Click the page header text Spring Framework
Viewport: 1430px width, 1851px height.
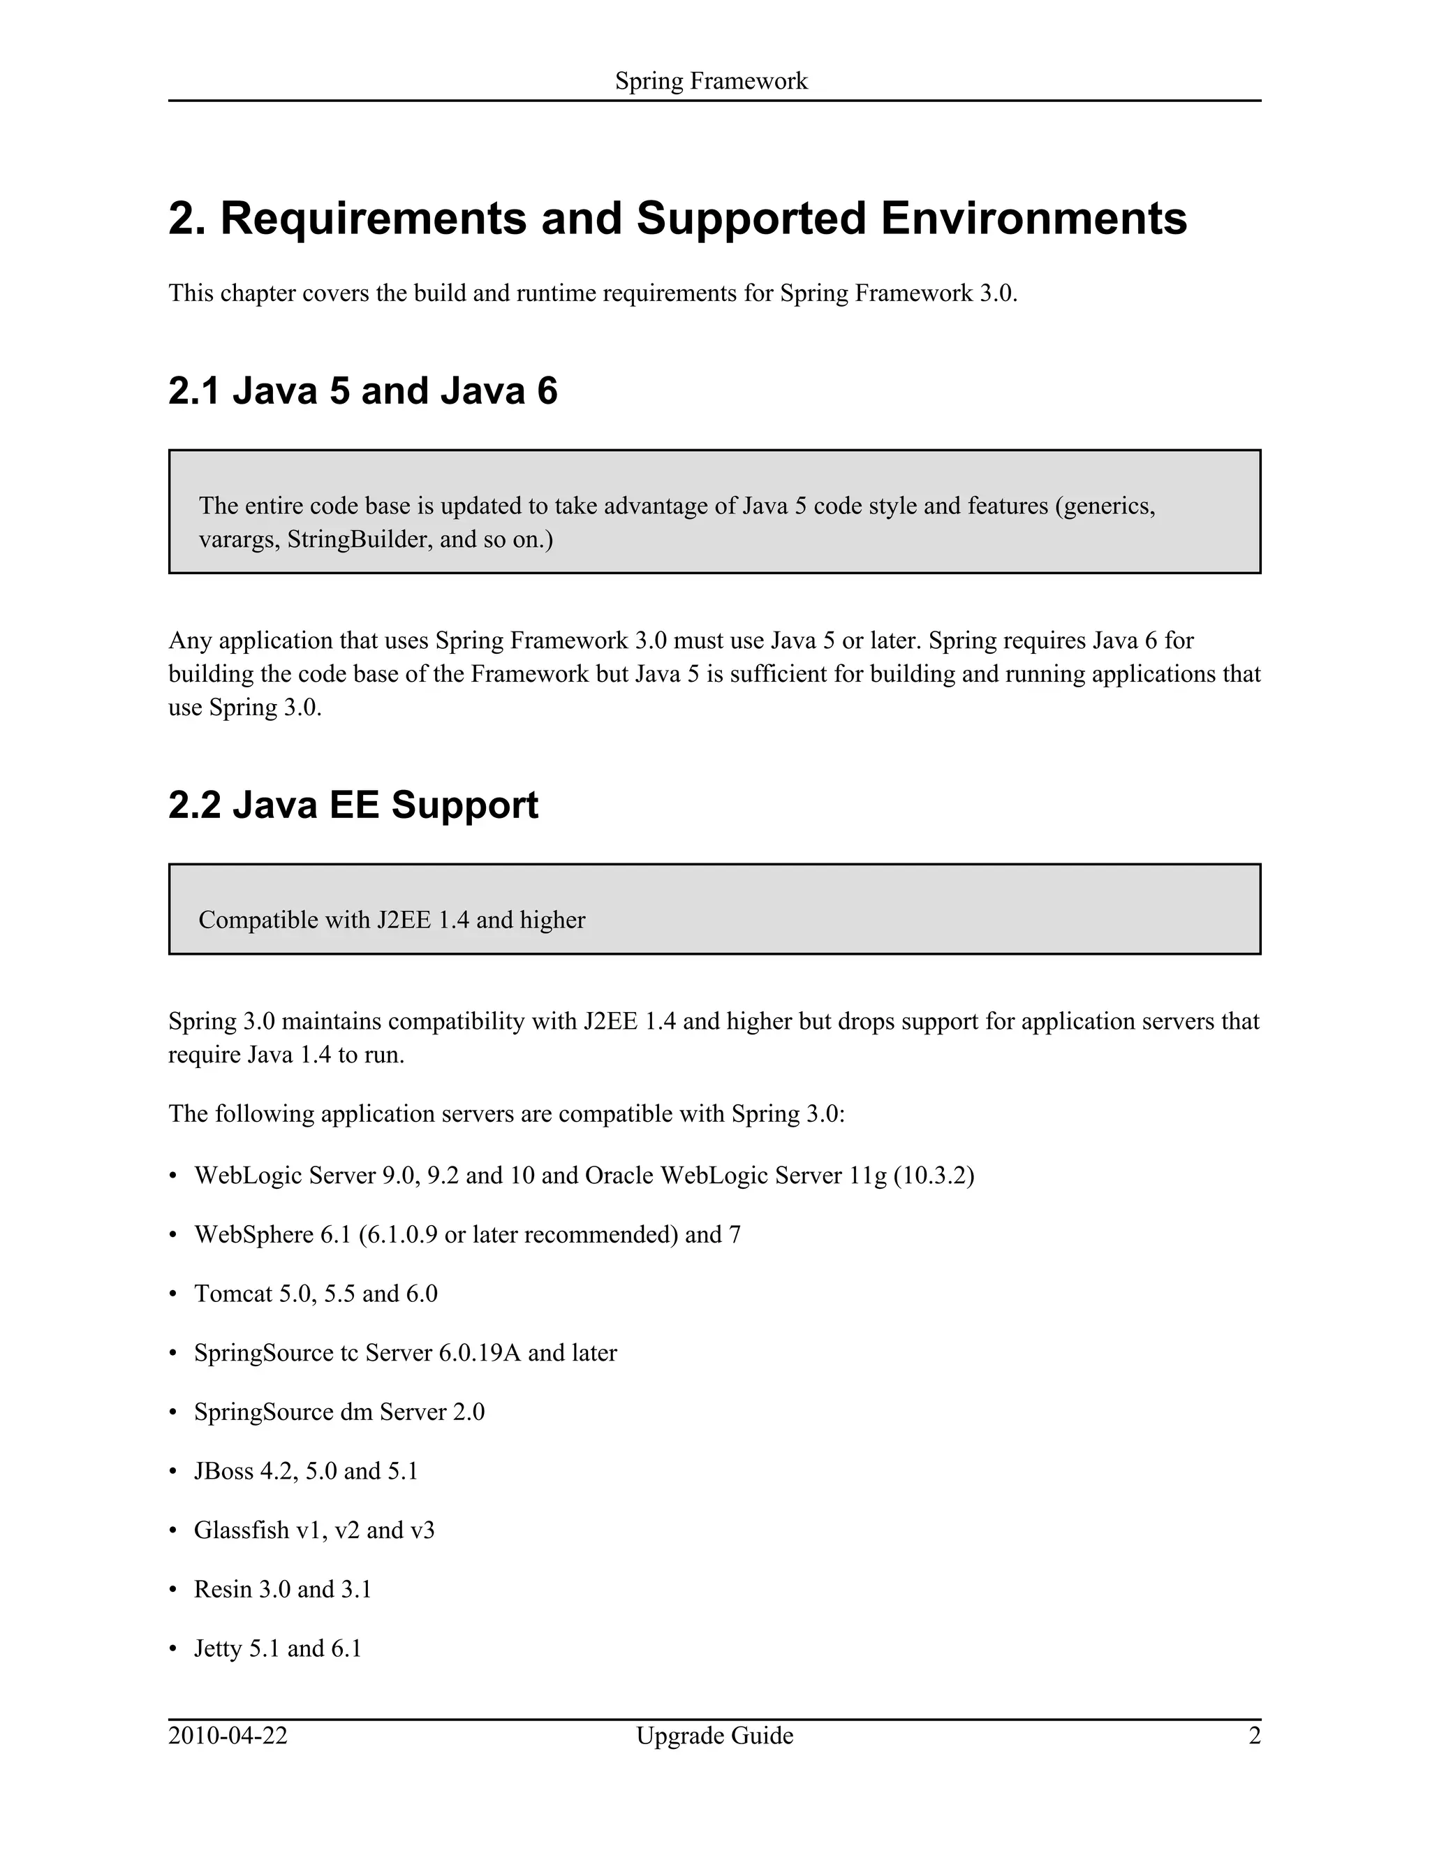click(711, 81)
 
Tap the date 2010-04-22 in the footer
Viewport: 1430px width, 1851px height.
click(228, 1736)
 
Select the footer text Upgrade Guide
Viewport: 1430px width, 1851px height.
click(714, 1736)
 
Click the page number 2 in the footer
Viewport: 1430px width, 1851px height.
click(1255, 1736)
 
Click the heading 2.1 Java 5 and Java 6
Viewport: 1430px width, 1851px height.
click(362, 392)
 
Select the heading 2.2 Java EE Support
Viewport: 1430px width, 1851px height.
click(353, 805)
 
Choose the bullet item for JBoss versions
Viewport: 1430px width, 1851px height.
click(306, 1471)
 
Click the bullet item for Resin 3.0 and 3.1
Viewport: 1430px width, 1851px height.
click(282, 1590)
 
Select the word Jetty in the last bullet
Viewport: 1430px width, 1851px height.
click(218, 1649)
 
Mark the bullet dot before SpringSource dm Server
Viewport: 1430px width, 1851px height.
click(174, 1414)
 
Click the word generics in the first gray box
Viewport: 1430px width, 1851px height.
click(1108, 507)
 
